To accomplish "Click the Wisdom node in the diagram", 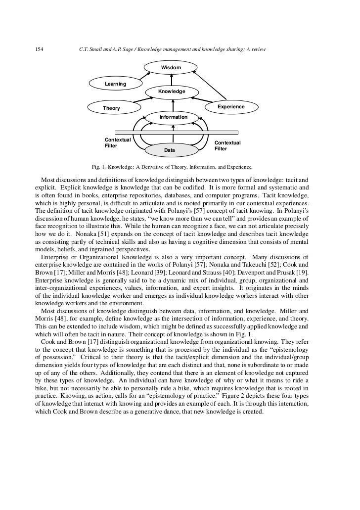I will coord(171,67).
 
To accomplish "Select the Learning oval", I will coord(115,84).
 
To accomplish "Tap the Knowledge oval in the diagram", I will coord(172,92).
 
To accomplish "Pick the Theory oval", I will coord(111,108).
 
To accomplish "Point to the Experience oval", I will coord(231,107).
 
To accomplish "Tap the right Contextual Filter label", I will coord(227,145).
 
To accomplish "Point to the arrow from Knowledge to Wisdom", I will coord(171,79).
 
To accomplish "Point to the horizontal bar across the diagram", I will coord(176,133).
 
